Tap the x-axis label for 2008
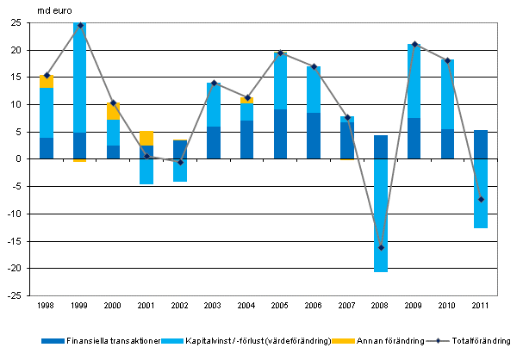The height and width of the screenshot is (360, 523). (381, 306)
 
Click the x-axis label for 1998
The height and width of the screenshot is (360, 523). (47, 306)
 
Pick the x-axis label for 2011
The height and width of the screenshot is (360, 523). (481, 306)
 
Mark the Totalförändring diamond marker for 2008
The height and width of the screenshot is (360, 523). (381, 247)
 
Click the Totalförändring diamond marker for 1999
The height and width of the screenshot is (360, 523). (80, 25)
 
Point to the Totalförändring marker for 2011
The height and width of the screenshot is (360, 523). (481, 199)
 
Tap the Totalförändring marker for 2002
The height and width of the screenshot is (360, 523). (180, 162)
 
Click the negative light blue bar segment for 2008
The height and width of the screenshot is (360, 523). (381, 215)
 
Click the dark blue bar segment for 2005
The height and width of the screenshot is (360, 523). (281, 134)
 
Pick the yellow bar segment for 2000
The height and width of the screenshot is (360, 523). (114, 111)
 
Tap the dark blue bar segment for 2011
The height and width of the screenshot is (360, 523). (481, 145)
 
